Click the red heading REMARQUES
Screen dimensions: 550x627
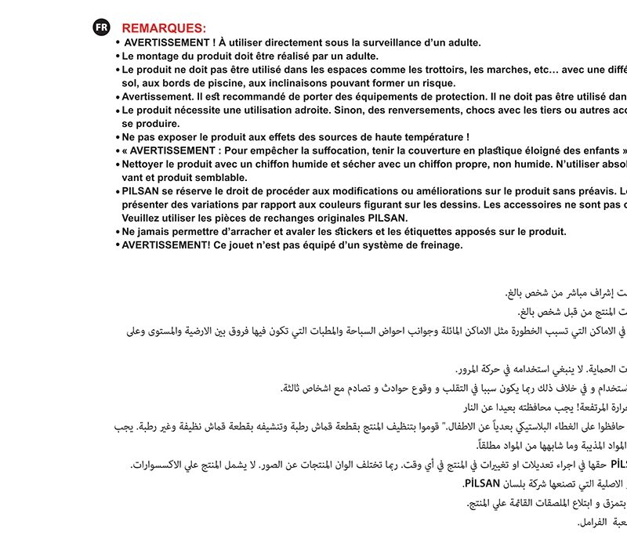point(164,28)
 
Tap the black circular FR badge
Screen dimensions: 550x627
point(101,27)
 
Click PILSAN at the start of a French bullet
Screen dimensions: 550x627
point(140,191)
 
